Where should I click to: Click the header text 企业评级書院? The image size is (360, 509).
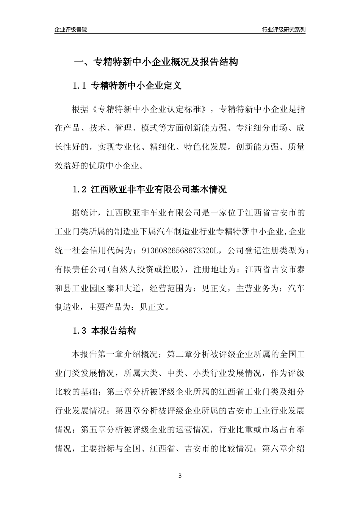pyautogui.click(x=71, y=30)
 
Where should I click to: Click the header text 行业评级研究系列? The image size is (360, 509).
pyautogui.click(x=283, y=30)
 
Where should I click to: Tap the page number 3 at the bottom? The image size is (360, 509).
pyautogui.click(x=180, y=476)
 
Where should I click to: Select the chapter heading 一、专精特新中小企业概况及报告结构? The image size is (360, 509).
pyautogui.click(x=155, y=62)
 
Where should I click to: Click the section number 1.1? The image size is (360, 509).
pyautogui.click(x=80, y=86)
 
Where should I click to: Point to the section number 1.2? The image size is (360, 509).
pyautogui.click(x=80, y=189)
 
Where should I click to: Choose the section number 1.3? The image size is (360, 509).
pyautogui.click(x=80, y=331)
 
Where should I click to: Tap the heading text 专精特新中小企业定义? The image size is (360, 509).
pyautogui.click(x=137, y=86)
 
